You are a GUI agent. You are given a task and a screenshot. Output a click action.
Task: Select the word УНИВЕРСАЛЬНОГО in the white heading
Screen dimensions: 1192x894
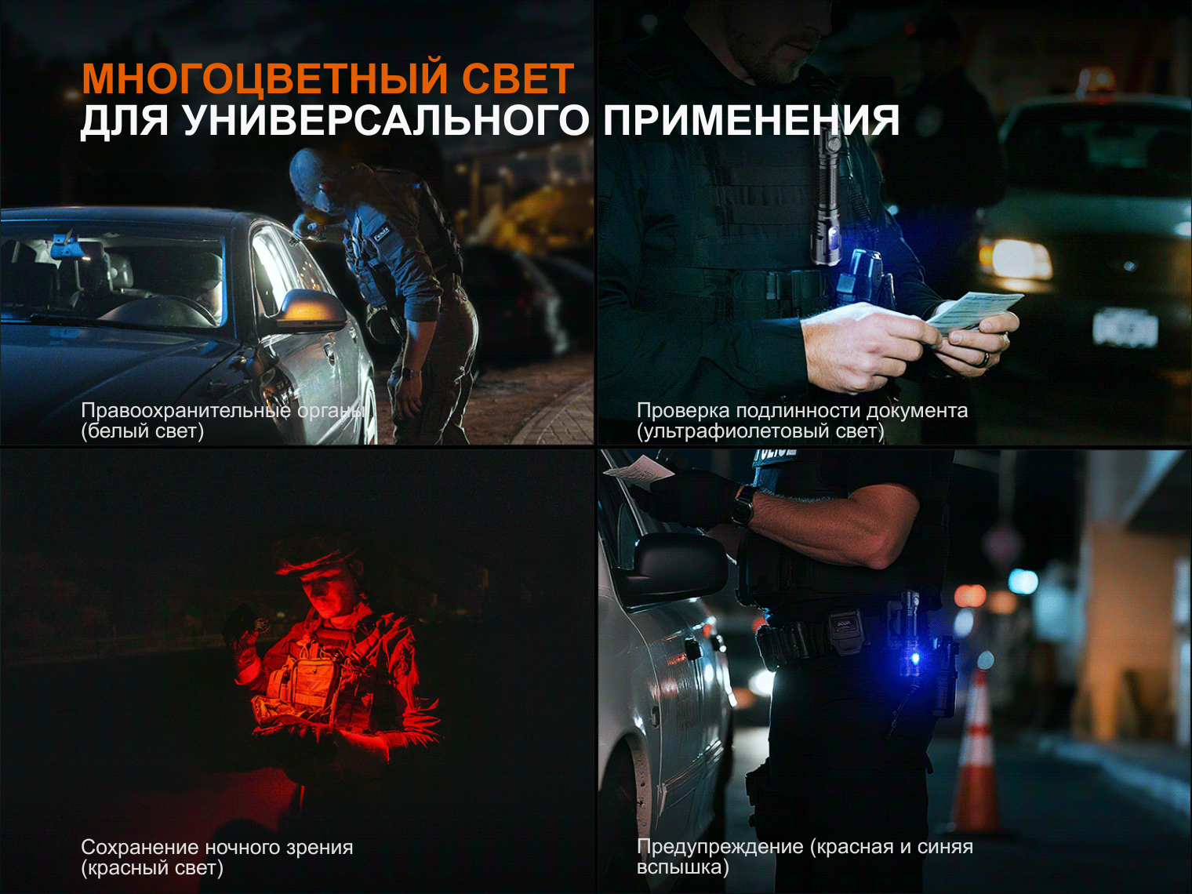[385, 120]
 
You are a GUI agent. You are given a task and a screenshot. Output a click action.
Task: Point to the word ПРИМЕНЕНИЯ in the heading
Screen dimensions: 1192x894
[751, 120]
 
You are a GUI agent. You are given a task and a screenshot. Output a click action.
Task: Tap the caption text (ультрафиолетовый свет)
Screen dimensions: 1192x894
[760, 431]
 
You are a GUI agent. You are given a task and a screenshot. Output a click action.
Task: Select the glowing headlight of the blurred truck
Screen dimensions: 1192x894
[1015, 260]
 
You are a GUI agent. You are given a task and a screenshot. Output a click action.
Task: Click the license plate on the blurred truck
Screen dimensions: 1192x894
[1125, 327]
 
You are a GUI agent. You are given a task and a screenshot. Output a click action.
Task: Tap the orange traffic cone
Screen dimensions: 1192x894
[977, 754]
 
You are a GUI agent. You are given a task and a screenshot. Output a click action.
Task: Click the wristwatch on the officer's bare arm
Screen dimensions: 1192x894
[743, 506]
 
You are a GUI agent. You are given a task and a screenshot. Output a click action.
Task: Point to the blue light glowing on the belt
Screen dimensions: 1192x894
[914, 659]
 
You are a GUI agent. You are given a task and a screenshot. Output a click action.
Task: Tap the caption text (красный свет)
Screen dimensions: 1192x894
[152, 868]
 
